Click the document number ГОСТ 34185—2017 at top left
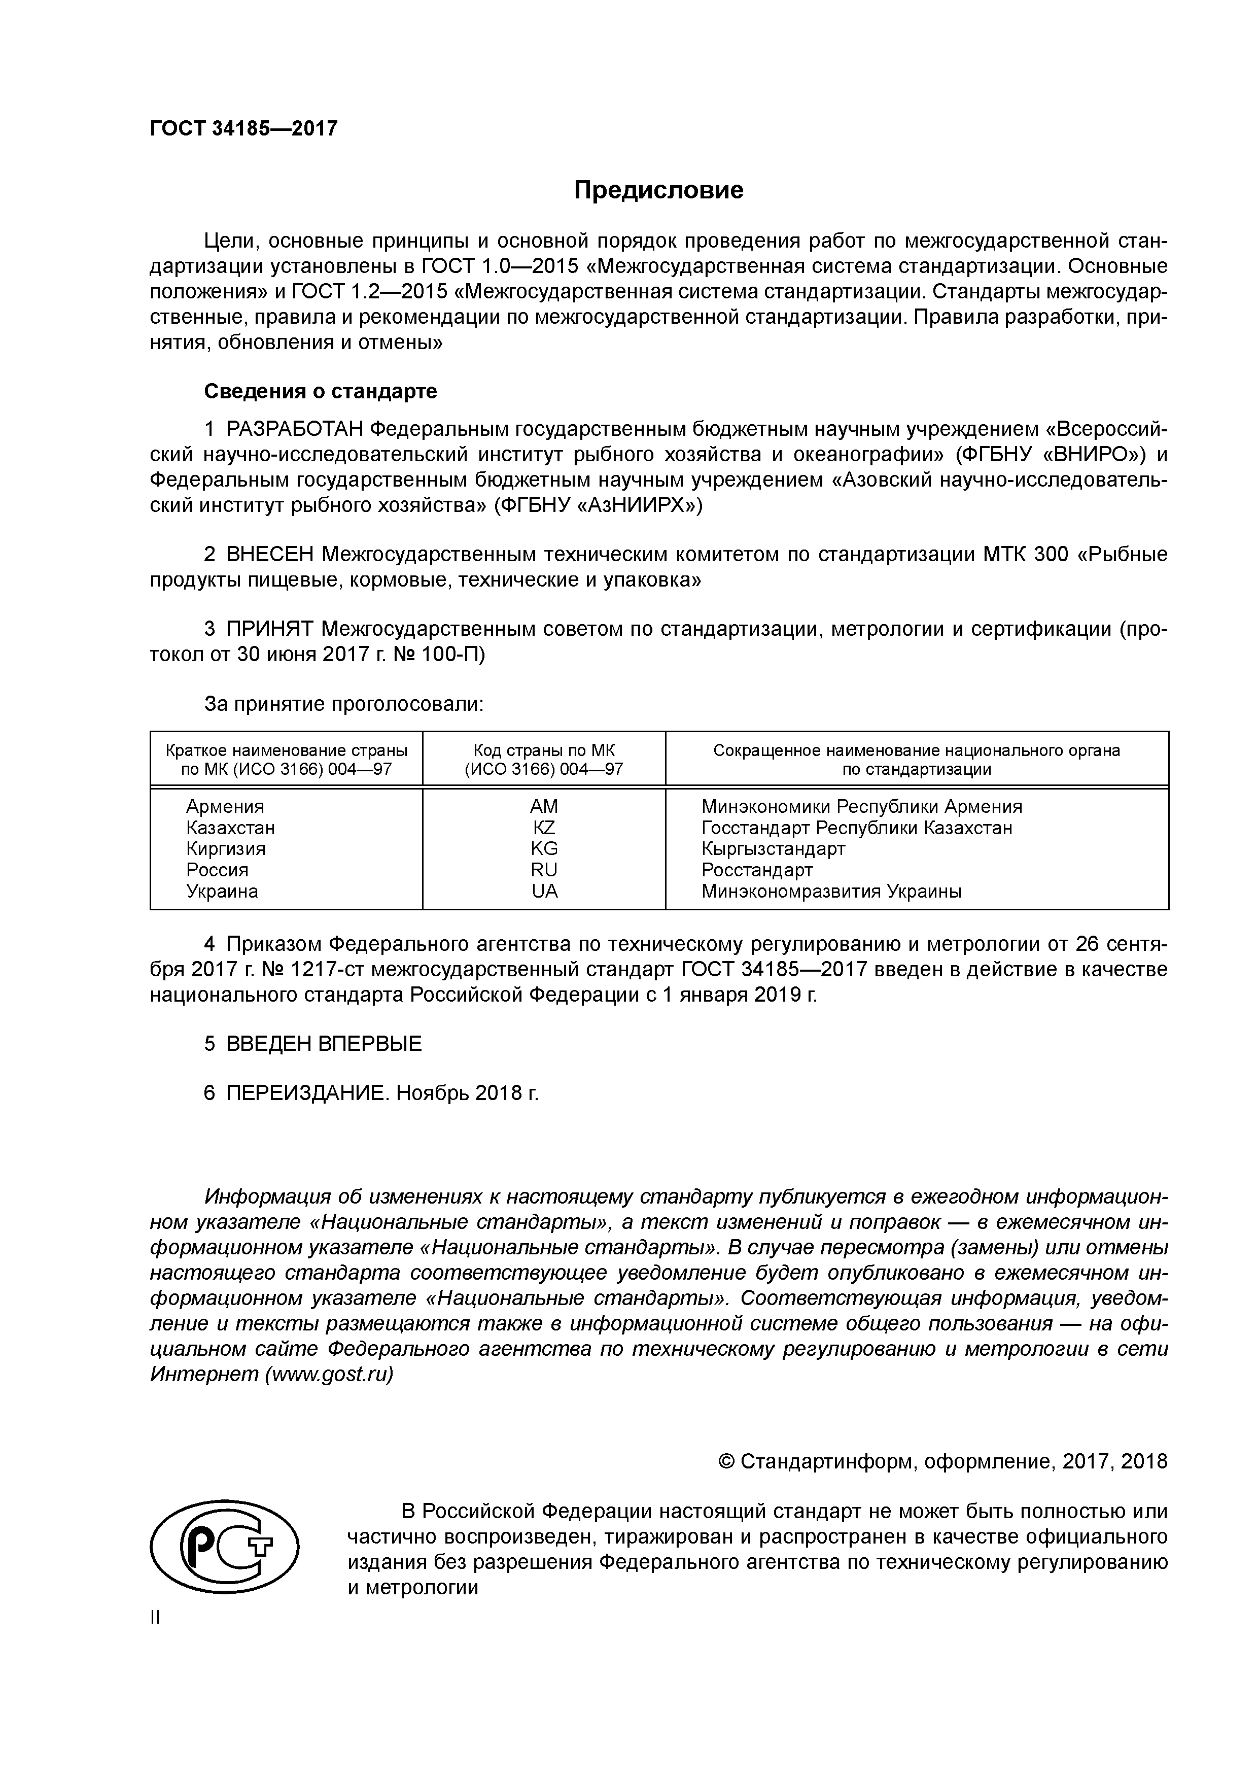click(243, 128)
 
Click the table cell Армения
click(225, 806)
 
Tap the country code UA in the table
click(544, 891)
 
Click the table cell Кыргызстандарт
click(773, 848)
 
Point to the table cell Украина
click(222, 891)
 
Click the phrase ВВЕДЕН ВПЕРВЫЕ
click(323, 1044)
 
